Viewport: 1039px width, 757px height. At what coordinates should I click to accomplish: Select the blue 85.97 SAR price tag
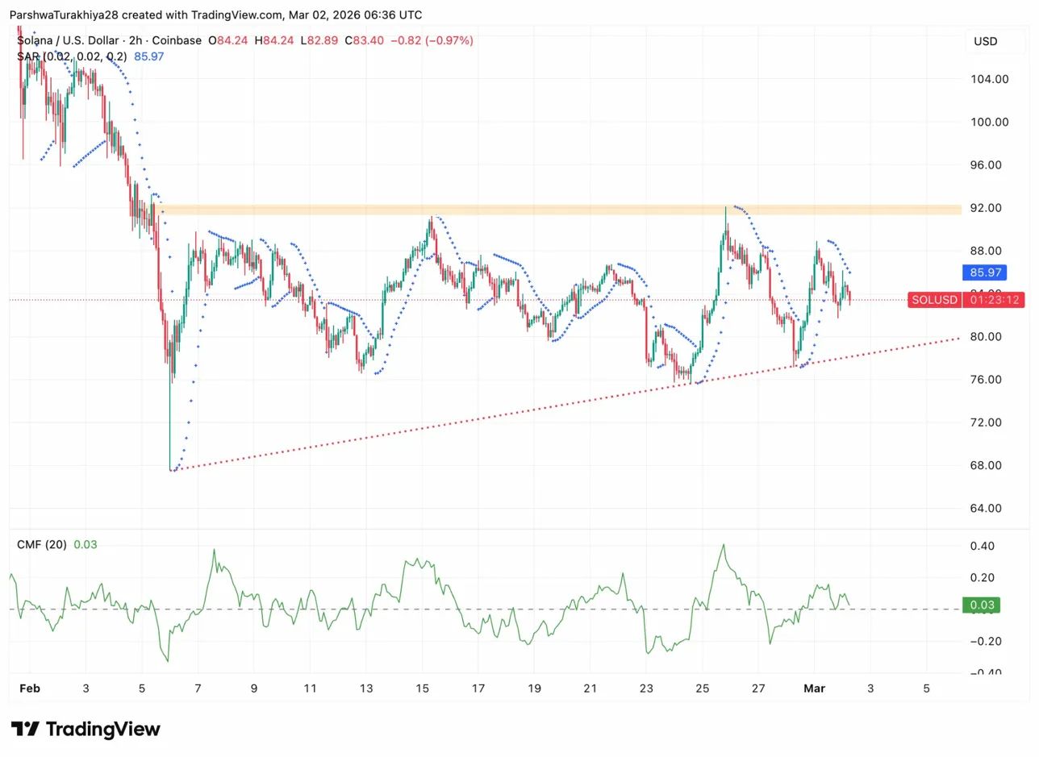point(983,273)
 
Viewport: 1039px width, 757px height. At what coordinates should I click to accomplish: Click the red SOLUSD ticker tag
point(934,300)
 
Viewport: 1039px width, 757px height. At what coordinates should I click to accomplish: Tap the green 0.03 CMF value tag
point(981,605)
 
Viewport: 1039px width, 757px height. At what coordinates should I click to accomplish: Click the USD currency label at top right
point(985,41)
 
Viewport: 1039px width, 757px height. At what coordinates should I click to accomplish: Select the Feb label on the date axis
point(30,688)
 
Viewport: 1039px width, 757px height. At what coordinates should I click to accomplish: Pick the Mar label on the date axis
point(814,688)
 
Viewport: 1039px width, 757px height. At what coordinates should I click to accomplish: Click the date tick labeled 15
point(422,688)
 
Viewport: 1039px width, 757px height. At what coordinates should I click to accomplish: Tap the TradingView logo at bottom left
point(86,730)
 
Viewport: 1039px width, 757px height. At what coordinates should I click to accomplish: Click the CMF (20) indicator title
point(42,545)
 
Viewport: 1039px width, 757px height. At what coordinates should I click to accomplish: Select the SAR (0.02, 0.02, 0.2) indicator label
point(72,56)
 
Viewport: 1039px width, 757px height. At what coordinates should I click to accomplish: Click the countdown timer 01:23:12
point(995,300)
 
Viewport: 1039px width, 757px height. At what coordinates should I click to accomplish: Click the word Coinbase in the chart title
point(176,40)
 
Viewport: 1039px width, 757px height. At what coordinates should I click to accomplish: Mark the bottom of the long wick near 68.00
point(170,470)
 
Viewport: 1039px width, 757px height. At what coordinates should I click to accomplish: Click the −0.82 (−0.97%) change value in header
point(432,40)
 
